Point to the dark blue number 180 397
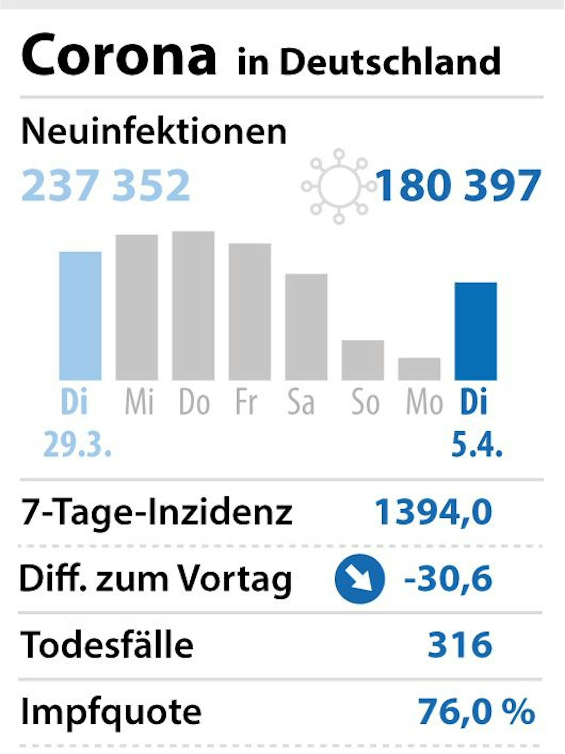pos(458,186)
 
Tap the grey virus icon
pos(339,186)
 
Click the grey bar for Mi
pos(137,307)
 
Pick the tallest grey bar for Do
pos(193,305)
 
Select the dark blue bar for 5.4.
pos(475,331)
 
